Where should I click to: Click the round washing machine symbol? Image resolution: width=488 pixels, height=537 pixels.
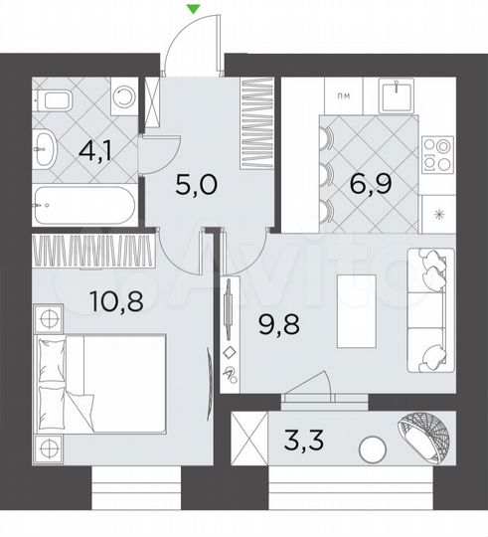pos(123,97)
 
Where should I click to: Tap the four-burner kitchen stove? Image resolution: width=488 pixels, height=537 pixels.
pos(438,155)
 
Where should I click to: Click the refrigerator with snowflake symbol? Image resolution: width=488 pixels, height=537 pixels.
pos(437,213)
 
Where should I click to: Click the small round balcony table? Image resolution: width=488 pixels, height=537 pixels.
pos(373,449)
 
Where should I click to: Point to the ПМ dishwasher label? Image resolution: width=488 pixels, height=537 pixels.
pos(341,95)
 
